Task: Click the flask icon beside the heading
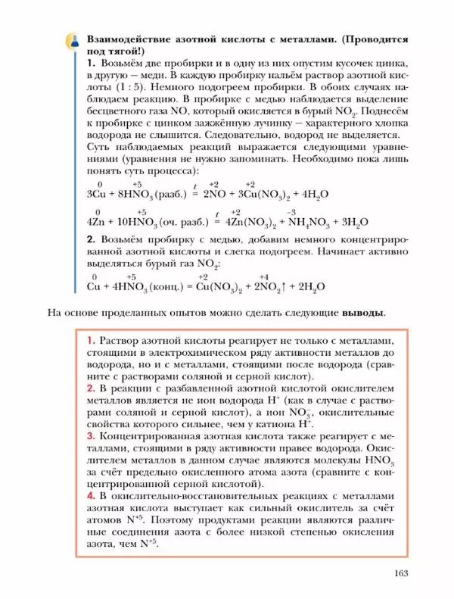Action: pos(73,40)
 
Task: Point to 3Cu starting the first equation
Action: pos(97,195)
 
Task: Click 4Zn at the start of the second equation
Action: pos(98,223)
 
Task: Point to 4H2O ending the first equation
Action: pos(313,195)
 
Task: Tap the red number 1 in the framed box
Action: pos(90,340)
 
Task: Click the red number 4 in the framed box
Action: pos(90,495)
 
